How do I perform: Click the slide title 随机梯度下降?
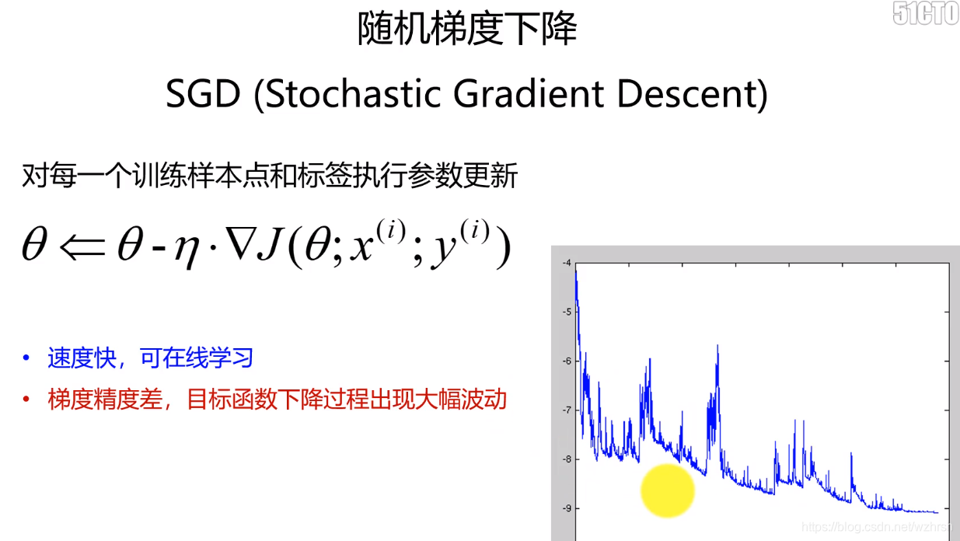pyautogui.click(x=467, y=29)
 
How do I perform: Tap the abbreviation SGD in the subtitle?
pyautogui.click(x=203, y=94)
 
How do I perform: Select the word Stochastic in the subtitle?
pyautogui.click(x=353, y=94)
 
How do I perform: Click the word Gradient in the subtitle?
pyautogui.click(x=529, y=94)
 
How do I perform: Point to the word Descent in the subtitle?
pyautogui.click(x=686, y=94)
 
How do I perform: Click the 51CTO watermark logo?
pyautogui.click(x=926, y=13)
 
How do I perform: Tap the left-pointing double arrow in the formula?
pyautogui.click(x=82, y=247)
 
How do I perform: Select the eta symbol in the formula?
pyautogui.click(x=187, y=252)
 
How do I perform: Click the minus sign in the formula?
pyautogui.click(x=159, y=249)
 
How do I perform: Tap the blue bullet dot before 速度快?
pyautogui.click(x=26, y=358)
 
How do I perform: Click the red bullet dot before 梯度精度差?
pyautogui.click(x=26, y=400)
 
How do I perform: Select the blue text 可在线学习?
pyautogui.click(x=197, y=358)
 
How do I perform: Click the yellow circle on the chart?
pyautogui.click(x=667, y=490)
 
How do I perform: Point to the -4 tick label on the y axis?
pyautogui.click(x=567, y=263)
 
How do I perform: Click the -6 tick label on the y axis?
pyautogui.click(x=567, y=361)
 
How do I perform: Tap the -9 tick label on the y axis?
pyautogui.click(x=567, y=508)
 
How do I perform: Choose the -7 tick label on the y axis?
pyautogui.click(x=567, y=410)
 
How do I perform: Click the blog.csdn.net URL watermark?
pyautogui.click(x=877, y=527)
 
